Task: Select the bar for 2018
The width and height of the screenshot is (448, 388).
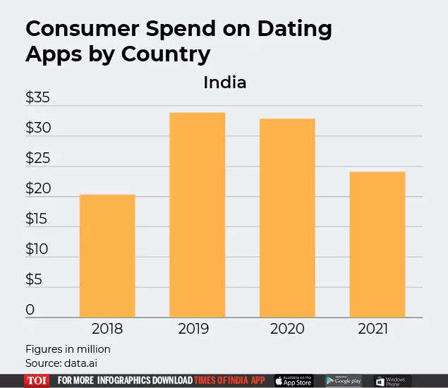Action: [x=107, y=255]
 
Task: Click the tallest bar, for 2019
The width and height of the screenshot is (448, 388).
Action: [x=197, y=214]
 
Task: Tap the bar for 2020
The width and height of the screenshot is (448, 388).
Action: [x=287, y=218]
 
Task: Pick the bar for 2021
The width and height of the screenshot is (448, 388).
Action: [x=377, y=244]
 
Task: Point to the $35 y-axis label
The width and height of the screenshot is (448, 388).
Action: [x=37, y=99]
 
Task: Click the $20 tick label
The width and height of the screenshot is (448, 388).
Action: [x=37, y=189]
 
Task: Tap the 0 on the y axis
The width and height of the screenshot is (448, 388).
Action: [x=30, y=310]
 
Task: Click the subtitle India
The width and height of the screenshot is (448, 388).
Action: [x=224, y=83]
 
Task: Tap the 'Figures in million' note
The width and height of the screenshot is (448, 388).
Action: [x=68, y=349]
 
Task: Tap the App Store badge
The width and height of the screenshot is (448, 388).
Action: [x=293, y=381]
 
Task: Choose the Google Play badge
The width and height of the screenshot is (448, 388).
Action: [x=344, y=381]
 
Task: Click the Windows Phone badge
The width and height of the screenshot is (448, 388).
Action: [x=392, y=381]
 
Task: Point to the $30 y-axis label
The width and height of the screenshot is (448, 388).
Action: [x=37, y=129]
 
